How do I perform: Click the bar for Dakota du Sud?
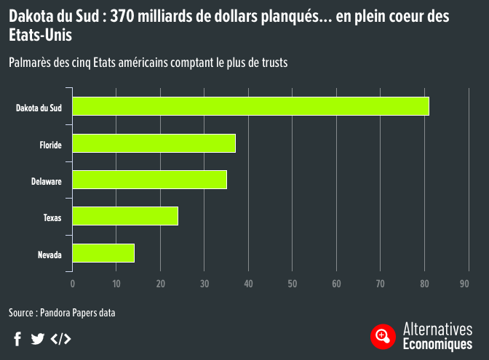251,106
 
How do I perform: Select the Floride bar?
154,143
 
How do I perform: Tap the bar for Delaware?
150,180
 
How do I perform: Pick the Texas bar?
125,216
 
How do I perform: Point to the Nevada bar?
103,253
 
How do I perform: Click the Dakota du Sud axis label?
39,108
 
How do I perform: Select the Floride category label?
50,145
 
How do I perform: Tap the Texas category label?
52,217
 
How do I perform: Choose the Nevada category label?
49,255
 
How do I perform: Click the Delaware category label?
47,181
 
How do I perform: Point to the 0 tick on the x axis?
72,284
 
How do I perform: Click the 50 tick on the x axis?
293,284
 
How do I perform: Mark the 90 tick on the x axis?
464,284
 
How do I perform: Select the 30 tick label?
204,284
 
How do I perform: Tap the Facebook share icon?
17,339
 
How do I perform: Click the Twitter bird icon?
37,339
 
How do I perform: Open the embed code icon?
61,339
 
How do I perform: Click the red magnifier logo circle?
383,337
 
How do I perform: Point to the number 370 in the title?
122,16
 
